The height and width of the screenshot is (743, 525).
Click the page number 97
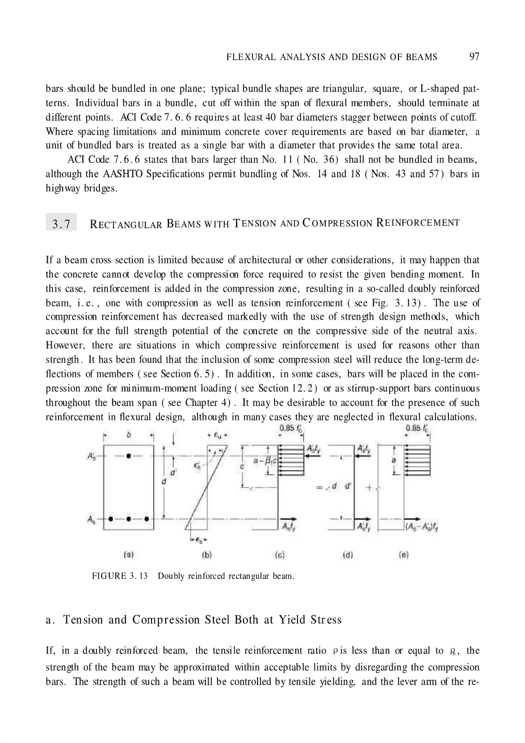[x=474, y=56]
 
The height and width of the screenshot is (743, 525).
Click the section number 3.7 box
[x=61, y=224]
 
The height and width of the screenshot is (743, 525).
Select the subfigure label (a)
[x=129, y=554]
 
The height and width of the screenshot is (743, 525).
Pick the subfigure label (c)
[x=279, y=554]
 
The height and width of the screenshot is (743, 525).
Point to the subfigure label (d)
[x=348, y=554]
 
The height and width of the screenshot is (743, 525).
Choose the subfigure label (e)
[x=404, y=554]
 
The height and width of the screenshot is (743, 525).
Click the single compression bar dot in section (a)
[x=129, y=456]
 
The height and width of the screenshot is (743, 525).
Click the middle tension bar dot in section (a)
[x=129, y=518]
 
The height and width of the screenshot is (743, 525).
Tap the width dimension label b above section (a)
[x=129, y=434]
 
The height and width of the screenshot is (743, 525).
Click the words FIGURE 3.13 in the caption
[x=119, y=576]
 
